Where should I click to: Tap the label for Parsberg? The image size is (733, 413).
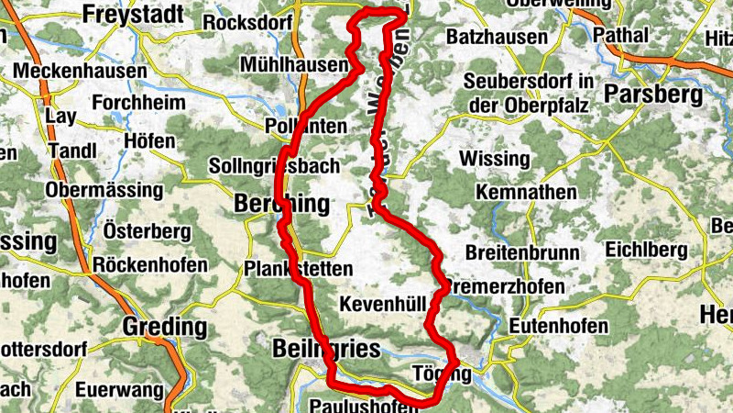pos(653,95)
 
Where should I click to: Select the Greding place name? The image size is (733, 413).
pos(165,326)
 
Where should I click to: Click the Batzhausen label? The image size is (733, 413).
pos(498,38)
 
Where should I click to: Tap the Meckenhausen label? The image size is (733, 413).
pos(81,71)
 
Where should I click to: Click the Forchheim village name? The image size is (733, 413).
pos(138,103)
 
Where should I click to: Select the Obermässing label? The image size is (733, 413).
pos(104,191)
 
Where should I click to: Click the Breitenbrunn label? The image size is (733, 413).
pos(521,252)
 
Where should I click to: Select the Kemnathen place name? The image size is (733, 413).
pos(526,193)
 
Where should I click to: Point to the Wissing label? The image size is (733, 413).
pos(494,159)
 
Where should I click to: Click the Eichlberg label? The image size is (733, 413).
pos(645,250)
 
